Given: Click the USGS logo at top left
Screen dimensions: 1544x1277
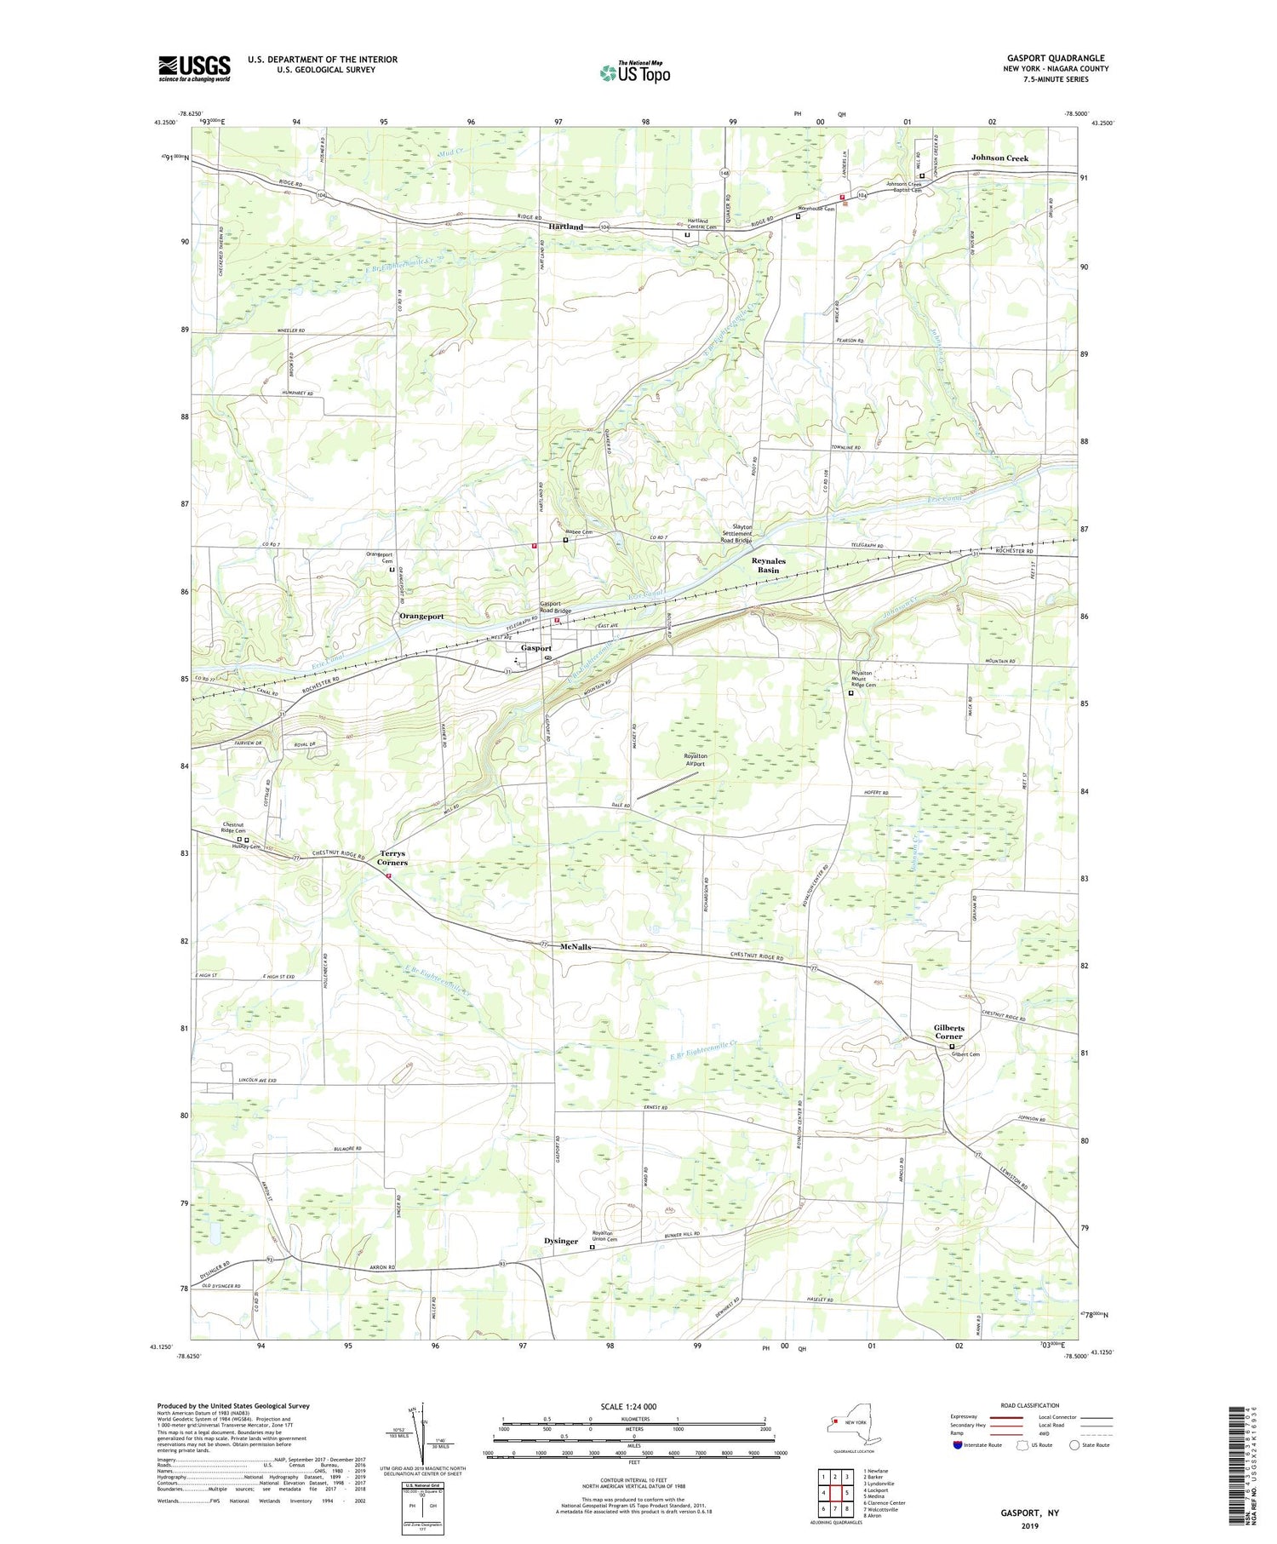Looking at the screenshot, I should (194, 68).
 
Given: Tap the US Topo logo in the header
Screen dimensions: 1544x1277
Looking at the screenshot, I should (634, 73).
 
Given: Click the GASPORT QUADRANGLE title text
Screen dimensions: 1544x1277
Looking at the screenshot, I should (1054, 58).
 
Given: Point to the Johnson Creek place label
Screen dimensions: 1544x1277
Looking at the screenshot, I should (999, 158).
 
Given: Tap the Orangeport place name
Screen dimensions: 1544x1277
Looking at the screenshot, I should (421, 616).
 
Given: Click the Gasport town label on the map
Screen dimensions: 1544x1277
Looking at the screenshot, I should (536, 648).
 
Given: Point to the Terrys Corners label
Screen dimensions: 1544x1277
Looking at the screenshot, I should (392, 858).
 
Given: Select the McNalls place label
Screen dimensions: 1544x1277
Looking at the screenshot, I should (576, 947).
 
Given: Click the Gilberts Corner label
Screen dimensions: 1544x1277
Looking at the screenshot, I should (948, 1031).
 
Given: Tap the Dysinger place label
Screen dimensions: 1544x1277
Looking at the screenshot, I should (561, 1242).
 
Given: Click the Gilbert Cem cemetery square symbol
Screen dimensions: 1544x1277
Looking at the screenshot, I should (952, 1047).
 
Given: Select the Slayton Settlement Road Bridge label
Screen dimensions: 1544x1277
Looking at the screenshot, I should (736, 533).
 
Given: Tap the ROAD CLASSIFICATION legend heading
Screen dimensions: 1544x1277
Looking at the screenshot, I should (1030, 1405).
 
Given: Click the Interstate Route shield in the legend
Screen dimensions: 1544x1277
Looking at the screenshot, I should (958, 1444).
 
